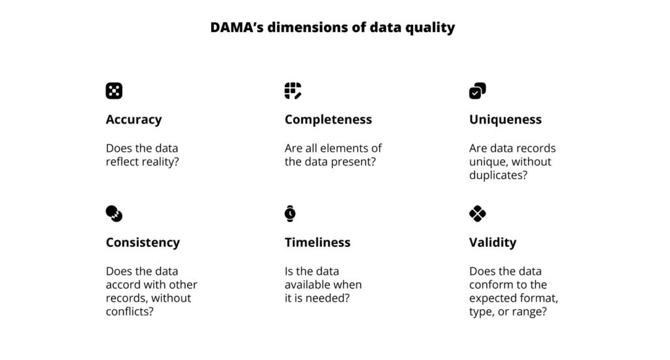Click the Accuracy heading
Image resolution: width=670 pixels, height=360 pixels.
(133, 119)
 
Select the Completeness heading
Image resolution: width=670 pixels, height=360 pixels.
(328, 119)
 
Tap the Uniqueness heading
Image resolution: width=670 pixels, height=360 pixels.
(505, 119)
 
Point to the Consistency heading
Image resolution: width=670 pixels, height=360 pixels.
(143, 242)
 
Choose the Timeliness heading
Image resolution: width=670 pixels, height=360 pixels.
(317, 242)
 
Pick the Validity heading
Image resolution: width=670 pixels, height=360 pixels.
(493, 242)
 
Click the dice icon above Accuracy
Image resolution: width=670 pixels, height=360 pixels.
(114, 91)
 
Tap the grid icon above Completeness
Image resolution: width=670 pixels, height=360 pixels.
(292, 91)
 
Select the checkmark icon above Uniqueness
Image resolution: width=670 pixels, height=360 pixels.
(477, 91)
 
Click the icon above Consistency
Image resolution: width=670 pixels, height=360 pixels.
(114, 213)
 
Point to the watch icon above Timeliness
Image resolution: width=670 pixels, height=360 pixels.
(290, 213)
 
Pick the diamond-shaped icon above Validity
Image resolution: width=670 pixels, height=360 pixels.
(478, 213)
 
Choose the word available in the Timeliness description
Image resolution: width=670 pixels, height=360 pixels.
(309, 285)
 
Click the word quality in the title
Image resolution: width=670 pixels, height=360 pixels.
(432, 27)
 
